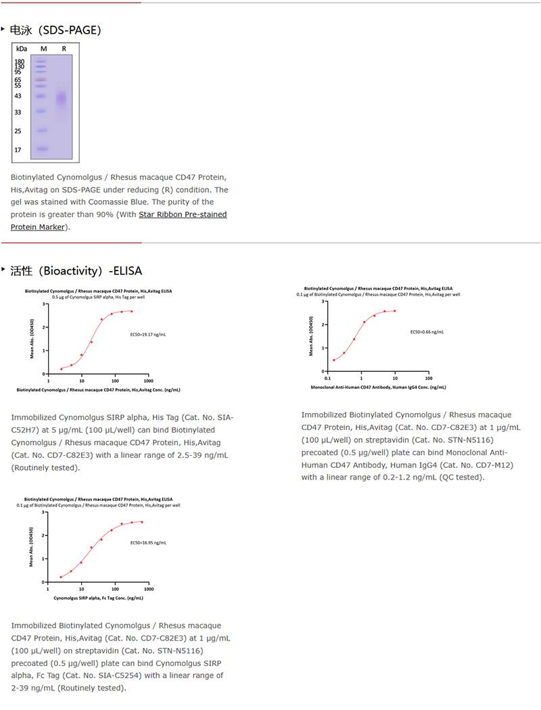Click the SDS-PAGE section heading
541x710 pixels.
tap(55, 30)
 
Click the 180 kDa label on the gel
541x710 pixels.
tap(19, 62)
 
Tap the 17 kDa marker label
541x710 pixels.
tap(18, 149)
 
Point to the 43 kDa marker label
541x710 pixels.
tap(18, 96)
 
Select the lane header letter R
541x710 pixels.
tap(64, 49)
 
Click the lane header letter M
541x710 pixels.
tap(43, 49)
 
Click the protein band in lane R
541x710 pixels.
tap(62, 99)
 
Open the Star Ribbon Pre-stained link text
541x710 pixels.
tap(183, 214)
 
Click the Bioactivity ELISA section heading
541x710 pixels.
tap(76, 270)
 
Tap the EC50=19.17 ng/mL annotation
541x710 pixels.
tap(148, 334)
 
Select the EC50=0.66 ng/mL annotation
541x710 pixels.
tap(427, 332)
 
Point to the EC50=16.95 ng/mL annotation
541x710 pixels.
tap(148, 542)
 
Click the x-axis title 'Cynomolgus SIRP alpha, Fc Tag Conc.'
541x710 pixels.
tap(98, 598)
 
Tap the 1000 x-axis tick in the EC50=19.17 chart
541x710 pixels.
tap(148, 381)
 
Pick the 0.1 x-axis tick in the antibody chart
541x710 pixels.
tap(327, 379)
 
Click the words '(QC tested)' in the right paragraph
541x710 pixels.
tap(463, 477)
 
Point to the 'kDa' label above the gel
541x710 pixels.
tap(22, 49)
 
